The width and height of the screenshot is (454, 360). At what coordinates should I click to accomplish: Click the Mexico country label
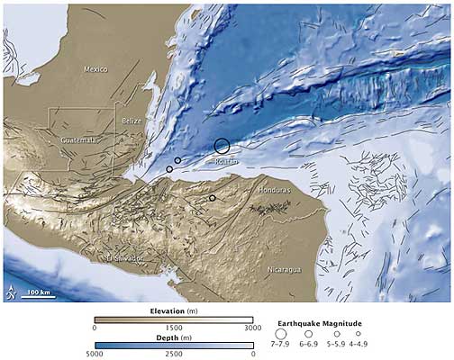point(95,69)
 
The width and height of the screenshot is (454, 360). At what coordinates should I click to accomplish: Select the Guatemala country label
point(78,140)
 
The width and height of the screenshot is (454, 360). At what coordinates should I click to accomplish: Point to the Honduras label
point(275,192)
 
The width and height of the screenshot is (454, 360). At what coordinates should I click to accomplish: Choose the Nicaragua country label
point(284,268)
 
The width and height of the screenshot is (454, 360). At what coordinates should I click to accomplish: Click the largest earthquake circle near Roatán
point(222,145)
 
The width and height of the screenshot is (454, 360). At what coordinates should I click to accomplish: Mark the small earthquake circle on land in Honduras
point(213,198)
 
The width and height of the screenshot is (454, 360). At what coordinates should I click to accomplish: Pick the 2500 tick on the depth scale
point(174,355)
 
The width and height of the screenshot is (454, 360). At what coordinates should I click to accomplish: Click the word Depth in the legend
point(164,336)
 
